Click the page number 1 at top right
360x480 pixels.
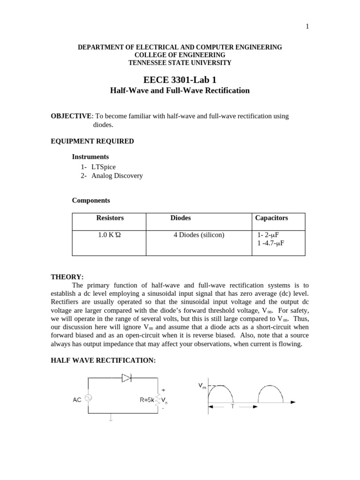pyautogui.click(x=307, y=27)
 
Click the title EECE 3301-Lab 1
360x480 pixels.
pyautogui.click(x=180, y=80)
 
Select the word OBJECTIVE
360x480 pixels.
pyautogui.click(x=71, y=116)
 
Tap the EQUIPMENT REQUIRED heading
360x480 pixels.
pyautogui.click(x=92, y=141)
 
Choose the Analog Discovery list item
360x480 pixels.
pyautogui.click(x=117, y=176)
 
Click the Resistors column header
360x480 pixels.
pyautogui.click(x=110, y=218)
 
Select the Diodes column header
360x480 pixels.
pyautogui.click(x=180, y=218)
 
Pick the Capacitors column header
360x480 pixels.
pyautogui.click(x=271, y=218)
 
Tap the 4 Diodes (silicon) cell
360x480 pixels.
pyautogui.click(x=199, y=235)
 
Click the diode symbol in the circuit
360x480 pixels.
pyautogui.click(x=126, y=378)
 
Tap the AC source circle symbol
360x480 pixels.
pyautogui.click(x=88, y=398)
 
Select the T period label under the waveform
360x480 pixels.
pyautogui.click(x=232, y=407)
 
